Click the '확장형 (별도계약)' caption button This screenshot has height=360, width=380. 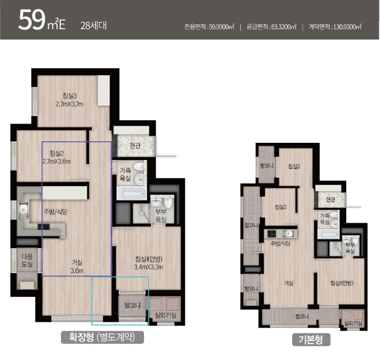click(x=102, y=337)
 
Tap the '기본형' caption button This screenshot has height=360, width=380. click(x=311, y=340)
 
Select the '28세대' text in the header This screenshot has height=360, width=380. click(x=93, y=25)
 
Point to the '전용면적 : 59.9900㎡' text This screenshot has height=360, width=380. click(x=209, y=27)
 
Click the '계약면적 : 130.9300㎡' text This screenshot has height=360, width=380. click(x=335, y=27)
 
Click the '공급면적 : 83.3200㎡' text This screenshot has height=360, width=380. click(x=271, y=27)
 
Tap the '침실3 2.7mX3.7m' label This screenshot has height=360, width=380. click(x=70, y=100)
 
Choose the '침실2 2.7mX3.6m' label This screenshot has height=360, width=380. click(x=57, y=157)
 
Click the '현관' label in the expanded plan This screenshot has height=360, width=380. click(x=135, y=146)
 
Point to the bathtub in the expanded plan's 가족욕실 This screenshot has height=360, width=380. click(x=131, y=194)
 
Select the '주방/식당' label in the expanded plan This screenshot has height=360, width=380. click(x=55, y=212)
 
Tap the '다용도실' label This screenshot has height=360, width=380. click(x=27, y=260)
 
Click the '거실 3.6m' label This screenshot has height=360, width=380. click(x=77, y=266)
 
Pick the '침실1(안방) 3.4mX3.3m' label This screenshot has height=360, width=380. click(x=149, y=263)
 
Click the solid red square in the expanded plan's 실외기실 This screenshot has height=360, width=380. click(x=173, y=304)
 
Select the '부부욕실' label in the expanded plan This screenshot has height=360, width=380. click(x=161, y=216)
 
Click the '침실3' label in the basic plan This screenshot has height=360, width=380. click(x=294, y=166)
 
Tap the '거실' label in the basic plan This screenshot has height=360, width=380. click(x=289, y=283)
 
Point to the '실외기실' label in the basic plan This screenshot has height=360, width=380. click(x=353, y=323)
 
